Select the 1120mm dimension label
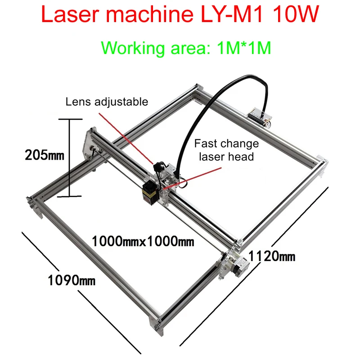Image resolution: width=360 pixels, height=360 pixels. [x=272, y=256]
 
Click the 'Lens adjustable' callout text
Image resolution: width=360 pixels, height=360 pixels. [x=107, y=102]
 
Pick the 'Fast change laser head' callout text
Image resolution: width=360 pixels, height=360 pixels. [x=226, y=150]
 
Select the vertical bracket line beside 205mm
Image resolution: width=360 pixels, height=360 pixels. [x=69, y=157]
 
